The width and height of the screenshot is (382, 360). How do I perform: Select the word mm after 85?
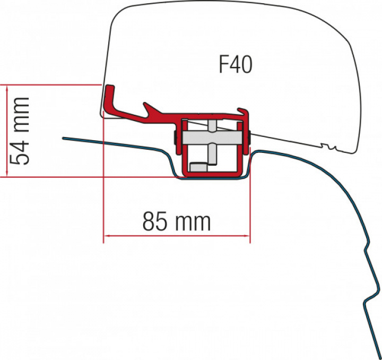coord(193,221)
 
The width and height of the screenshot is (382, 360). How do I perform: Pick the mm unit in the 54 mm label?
coord(20,112)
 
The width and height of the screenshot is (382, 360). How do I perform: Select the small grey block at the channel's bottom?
coord(197,167)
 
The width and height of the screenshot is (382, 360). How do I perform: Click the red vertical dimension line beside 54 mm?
coord(6,130)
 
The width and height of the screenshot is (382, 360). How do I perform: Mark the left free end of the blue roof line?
coord(64,139)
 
